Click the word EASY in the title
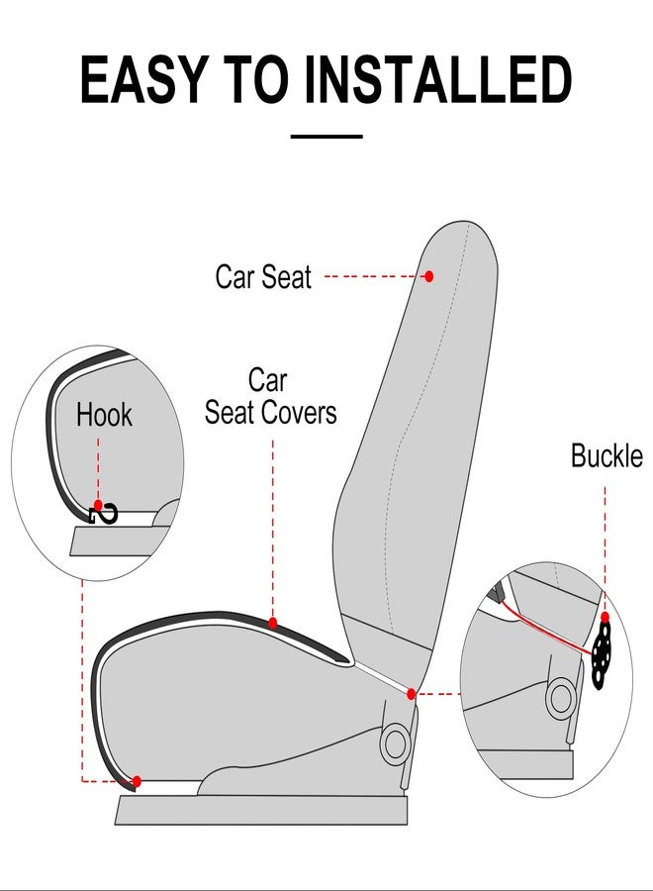tap(138, 80)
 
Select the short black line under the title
tap(326, 136)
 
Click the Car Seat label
tap(263, 277)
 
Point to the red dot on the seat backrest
tap(428, 276)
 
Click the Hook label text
tap(104, 415)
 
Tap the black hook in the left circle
tap(104, 513)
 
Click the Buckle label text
tap(606, 456)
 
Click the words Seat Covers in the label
tap(270, 412)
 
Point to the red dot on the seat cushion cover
tap(273, 623)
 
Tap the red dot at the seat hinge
tap(412, 694)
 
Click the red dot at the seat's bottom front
tap(137, 781)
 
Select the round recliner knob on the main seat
tap(397, 742)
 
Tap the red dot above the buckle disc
tap(605, 617)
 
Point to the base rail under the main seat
tap(261, 811)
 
